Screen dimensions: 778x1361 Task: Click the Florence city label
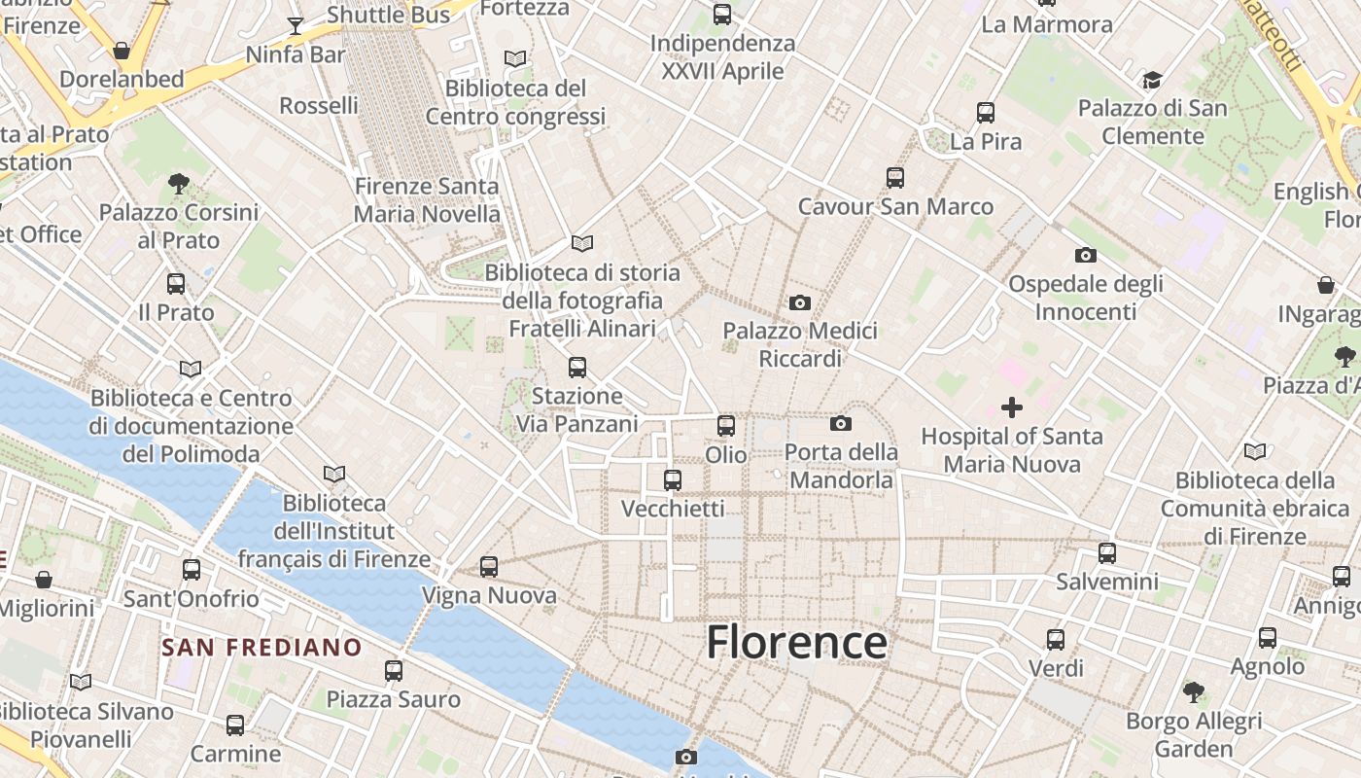coord(796,643)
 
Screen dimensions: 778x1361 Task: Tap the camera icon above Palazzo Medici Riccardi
coord(800,302)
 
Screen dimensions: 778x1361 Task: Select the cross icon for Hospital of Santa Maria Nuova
coord(1012,407)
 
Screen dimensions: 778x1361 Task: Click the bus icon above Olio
coord(726,426)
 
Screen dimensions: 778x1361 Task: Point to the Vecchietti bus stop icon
coord(672,480)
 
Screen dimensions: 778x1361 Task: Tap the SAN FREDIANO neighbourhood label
coord(262,648)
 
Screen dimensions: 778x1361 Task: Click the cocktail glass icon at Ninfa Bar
coord(296,25)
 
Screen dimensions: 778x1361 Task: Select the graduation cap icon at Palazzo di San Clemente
coord(1152,80)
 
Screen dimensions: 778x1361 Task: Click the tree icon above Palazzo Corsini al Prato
coord(178,183)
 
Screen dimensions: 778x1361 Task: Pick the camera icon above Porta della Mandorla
coord(841,423)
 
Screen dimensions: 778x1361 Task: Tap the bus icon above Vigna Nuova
coord(489,567)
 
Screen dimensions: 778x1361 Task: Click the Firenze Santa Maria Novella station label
coord(427,199)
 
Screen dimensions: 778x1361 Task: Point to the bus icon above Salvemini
coord(1107,553)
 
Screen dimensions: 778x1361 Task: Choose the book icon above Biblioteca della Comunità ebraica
coord(1255,451)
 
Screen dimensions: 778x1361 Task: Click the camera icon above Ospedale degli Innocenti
coord(1086,256)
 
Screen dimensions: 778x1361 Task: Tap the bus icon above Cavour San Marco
coord(895,178)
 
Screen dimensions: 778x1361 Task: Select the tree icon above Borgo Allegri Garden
coord(1194,692)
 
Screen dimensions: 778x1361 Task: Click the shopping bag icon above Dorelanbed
coord(122,50)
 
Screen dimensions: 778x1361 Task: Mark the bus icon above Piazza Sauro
coord(394,671)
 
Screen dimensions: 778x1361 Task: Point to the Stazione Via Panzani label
coord(576,409)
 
